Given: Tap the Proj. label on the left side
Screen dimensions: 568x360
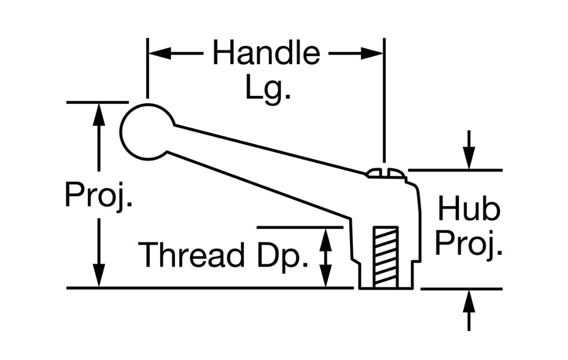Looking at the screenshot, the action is tap(98, 196).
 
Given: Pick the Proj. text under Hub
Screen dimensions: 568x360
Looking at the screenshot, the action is tap(469, 243).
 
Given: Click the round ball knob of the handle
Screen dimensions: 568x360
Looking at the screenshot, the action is tap(146, 132).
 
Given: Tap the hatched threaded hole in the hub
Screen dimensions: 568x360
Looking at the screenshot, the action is tap(386, 257).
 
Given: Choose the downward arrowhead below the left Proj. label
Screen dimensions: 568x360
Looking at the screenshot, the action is tap(99, 276).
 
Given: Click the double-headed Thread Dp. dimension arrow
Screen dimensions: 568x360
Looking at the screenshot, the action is tap(326, 257).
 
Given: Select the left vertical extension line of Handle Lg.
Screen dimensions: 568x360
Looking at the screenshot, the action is tap(147, 68).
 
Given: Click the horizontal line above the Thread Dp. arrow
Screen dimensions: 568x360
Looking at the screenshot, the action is tap(300, 227).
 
